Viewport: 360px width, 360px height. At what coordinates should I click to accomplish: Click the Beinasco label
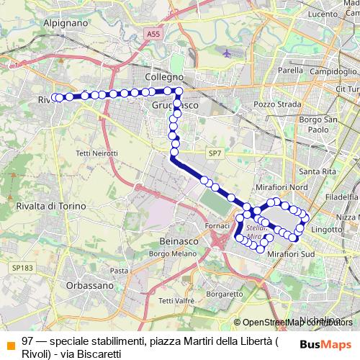coord(178,243)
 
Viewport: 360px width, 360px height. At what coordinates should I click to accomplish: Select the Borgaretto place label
coord(222,294)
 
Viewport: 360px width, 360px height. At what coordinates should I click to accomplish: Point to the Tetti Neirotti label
coord(96,153)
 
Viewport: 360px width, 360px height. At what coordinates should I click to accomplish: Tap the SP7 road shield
coord(215,153)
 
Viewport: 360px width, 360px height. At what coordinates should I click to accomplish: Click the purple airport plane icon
coord(228,53)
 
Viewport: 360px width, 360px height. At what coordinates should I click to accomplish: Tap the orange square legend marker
coord(9,344)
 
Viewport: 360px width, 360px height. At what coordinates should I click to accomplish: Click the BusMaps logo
coord(325,344)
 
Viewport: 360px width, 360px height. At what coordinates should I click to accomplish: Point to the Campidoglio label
coord(334,73)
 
